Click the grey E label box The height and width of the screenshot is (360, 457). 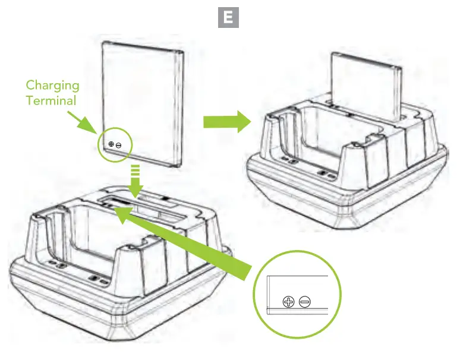(229, 18)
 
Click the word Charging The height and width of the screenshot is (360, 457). (52, 86)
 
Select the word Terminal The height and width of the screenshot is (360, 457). (51, 100)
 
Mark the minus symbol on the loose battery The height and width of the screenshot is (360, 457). (119, 145)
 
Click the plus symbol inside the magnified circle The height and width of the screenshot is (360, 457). (288, 302)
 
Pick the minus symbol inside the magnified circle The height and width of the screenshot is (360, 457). (304, 302)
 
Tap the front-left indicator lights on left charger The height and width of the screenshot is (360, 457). (57, 263)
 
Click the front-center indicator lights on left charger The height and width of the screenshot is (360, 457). (99, 278)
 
